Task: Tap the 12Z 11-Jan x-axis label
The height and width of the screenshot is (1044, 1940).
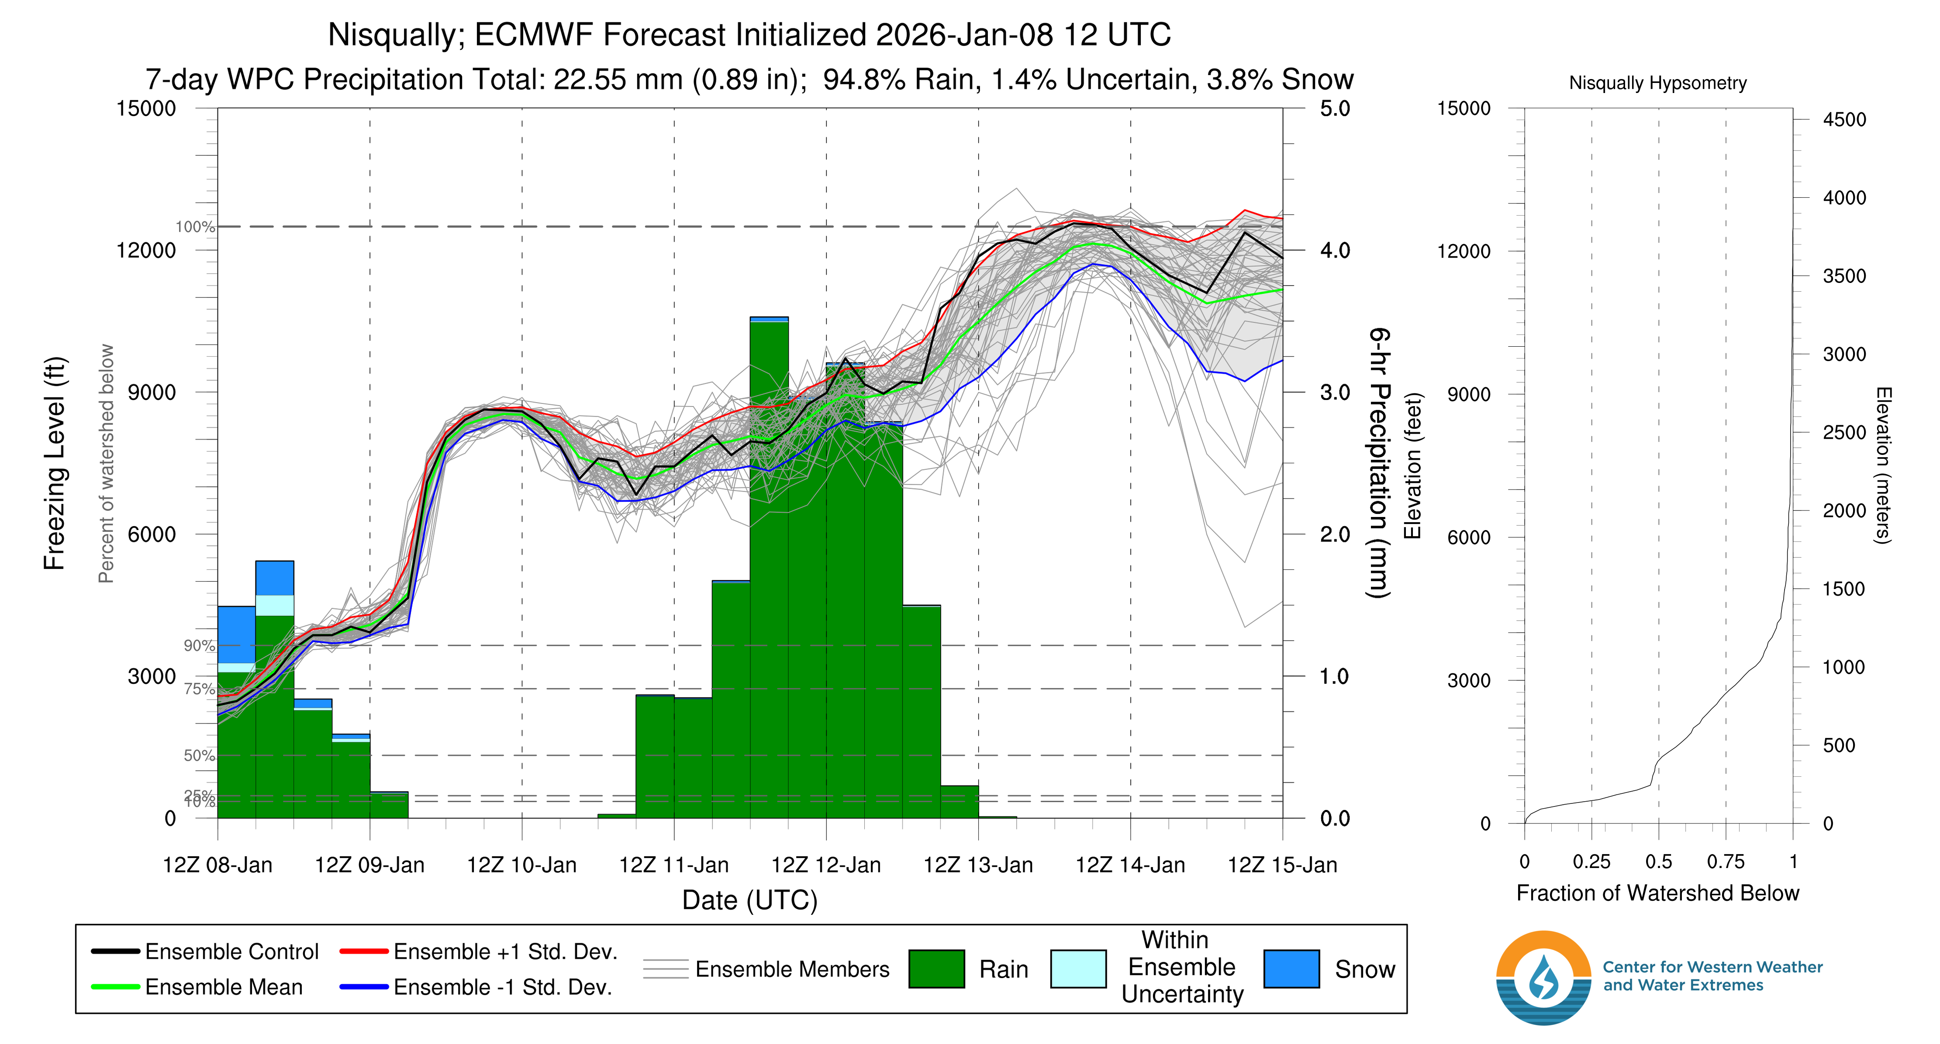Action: [x=673, y=865]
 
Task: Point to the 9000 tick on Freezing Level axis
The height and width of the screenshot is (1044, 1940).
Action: [x=152, y=392]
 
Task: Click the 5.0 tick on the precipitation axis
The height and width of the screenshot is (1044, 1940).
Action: [x=1335, y=108]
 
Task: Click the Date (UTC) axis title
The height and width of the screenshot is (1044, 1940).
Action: [x=749, y=900]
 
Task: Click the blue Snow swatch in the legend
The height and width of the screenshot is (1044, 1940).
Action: [x=1291, y=969]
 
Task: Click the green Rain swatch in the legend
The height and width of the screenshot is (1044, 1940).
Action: [x=936, y=969]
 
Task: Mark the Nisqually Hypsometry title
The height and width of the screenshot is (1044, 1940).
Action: [x=1657, y=83]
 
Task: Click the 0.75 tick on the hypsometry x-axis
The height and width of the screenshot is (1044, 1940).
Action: [x=1726, y=862]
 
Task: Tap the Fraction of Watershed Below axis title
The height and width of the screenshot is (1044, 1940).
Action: [x=1657, y=893]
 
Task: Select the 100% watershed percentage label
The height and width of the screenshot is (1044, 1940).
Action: [x=195, y=227]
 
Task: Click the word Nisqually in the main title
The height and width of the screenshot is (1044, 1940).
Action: [x=394, y=34]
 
